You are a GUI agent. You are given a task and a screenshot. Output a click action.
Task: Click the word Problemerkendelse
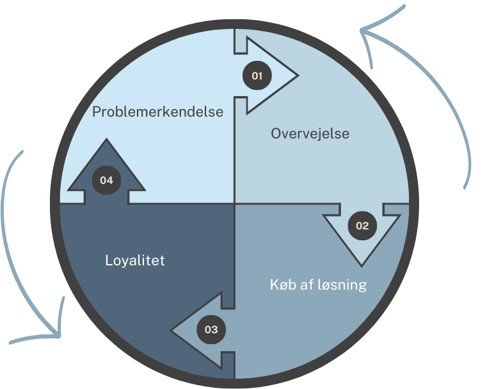coord(157,112)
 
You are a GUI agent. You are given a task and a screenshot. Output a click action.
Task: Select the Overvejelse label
coord(310,134)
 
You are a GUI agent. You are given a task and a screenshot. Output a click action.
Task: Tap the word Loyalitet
coord(134,261)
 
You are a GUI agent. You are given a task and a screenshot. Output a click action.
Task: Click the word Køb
coord(282,284)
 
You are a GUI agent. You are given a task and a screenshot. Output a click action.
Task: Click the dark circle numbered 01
coord(257,76)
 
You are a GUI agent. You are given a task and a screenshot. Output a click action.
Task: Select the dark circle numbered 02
coord(362,225)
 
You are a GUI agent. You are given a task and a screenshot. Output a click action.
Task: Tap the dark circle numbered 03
coord(211,330)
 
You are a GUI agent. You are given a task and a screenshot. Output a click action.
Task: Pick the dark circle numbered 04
coord(106,180)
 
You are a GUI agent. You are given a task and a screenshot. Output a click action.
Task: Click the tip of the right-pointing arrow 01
coord(297,76)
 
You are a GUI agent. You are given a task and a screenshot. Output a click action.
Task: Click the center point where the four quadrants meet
coord(235,204)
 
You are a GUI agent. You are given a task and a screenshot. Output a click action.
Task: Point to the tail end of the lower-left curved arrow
coord(22,152)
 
